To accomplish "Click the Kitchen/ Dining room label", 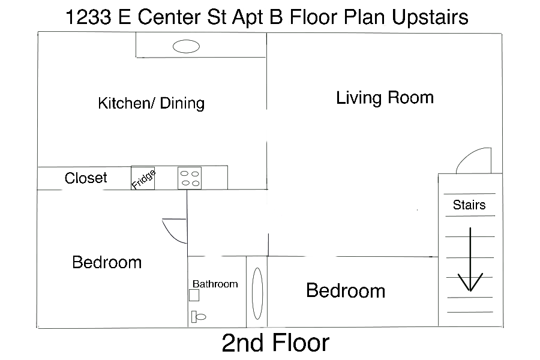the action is [151, 103].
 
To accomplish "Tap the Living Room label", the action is [385, 97].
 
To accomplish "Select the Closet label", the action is [86, 178].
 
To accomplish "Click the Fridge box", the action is [143, 178].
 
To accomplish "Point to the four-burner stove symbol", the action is [190, 178].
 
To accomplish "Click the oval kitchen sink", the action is [187, 46].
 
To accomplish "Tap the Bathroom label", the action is [215, 284].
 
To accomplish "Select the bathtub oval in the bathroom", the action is [257, 293].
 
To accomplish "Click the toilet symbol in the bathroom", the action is [199, 317].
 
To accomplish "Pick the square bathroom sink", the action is [194, 295].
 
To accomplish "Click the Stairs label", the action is [469, 205].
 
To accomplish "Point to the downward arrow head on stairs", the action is [470, 283].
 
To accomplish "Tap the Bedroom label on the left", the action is [107, 262].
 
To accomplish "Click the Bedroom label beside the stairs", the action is [346, 290].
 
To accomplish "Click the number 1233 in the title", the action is [88, 17].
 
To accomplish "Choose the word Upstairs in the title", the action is [430, 17].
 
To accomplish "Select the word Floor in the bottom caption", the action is [301, 343].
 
